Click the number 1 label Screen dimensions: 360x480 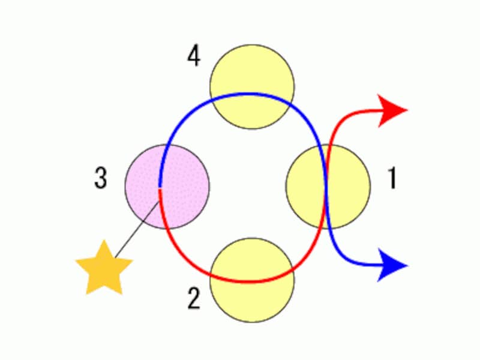tap(392, 179)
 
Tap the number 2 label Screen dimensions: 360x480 tap(193, 298)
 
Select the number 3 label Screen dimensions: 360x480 tap(101, 179)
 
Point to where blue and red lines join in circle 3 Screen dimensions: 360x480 tap(160, 188)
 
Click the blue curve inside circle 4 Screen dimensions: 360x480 tap(252, 94)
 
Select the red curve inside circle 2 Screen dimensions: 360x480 tap(252, 281)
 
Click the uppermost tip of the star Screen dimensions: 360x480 tap(104, 241)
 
